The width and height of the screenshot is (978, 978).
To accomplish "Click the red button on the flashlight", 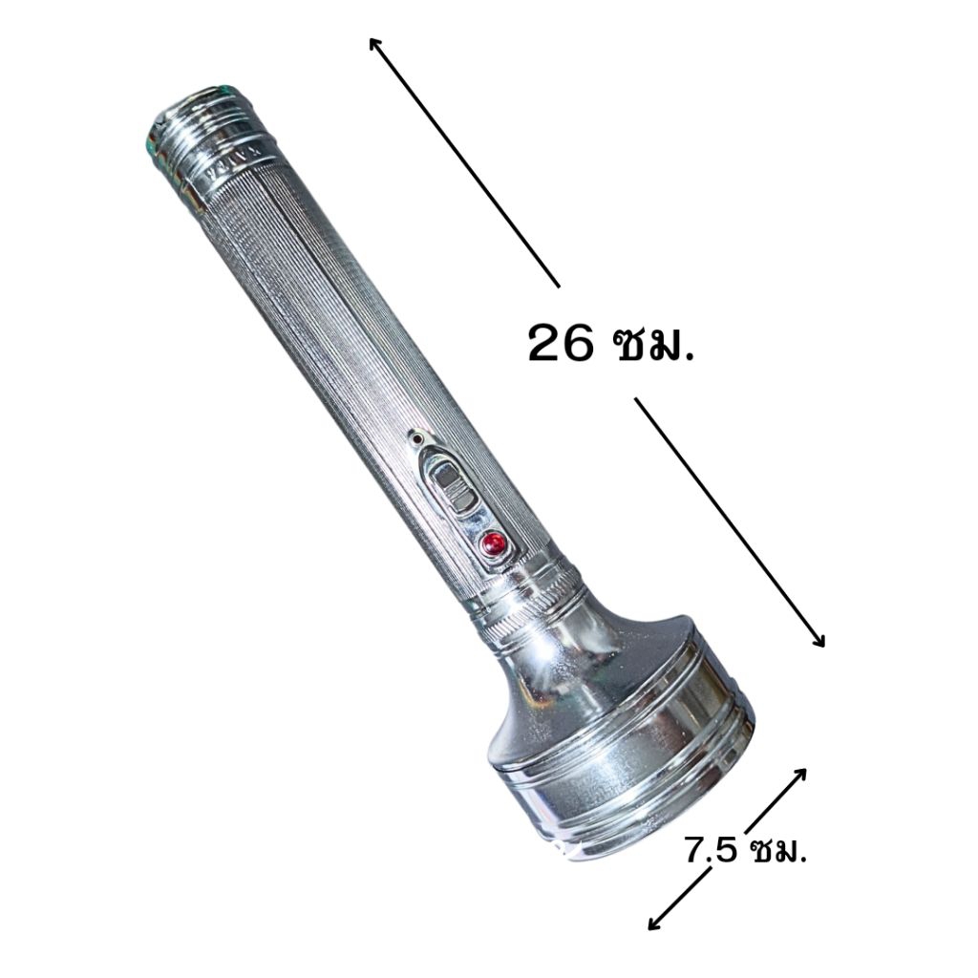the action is (x=494, y=543).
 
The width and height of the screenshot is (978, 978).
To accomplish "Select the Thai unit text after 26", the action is (x=653, y=344).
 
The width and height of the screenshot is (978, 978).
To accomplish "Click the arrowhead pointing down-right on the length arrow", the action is (x=818, y=639).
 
